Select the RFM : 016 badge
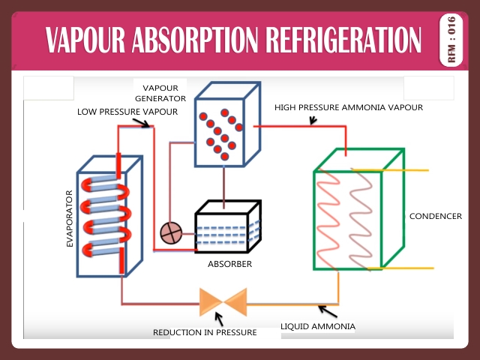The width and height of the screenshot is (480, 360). click(451, 40)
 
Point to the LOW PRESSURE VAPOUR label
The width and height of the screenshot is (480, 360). click(127, 112)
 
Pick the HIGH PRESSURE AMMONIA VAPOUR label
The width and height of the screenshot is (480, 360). click(349, 107)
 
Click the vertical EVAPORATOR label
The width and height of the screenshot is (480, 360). click(70, 218)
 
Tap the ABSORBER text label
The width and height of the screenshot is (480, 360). click(229, 264)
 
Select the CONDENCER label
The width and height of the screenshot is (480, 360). click(435, 216)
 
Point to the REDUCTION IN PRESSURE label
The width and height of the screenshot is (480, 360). click(205, 331)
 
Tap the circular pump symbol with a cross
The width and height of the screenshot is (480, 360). click(171, 234)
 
